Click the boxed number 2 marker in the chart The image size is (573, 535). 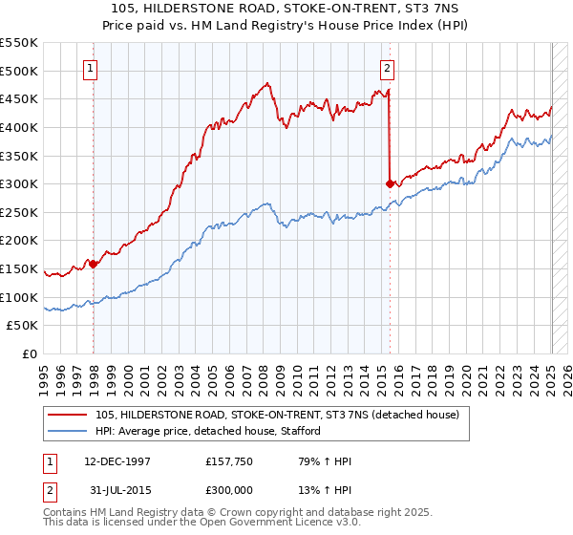coord(388,68)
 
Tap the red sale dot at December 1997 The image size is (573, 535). coord(94,264)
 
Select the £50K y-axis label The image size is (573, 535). coord(23,326)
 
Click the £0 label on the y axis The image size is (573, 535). coord(31,354)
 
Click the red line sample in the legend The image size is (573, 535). coord(66,415)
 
